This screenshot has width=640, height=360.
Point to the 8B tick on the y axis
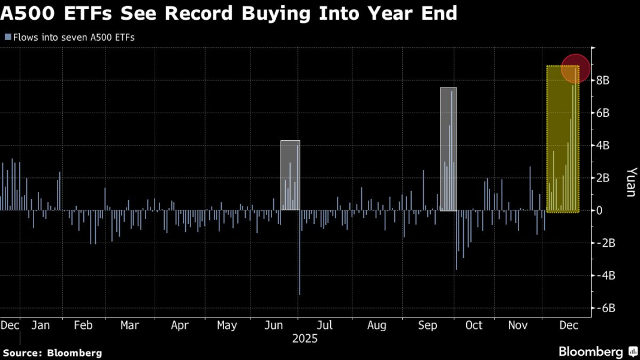click(x=602, y=80)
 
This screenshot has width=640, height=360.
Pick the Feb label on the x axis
click(x=83, y=325)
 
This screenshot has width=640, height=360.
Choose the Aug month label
click(x=376, y=325)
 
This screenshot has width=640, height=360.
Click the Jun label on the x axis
click(x=274, y=325)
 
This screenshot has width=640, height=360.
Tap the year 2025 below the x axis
click(x=304, y=338)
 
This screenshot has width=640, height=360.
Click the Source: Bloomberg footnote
click(x=53, y=353)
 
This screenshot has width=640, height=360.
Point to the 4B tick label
click(x=602, y=146)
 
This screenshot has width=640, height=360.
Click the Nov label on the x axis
click(x=518, y=325)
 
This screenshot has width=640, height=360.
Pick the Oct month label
click(x=474, y=325)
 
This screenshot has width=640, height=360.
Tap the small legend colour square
click(x=8, y=37)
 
